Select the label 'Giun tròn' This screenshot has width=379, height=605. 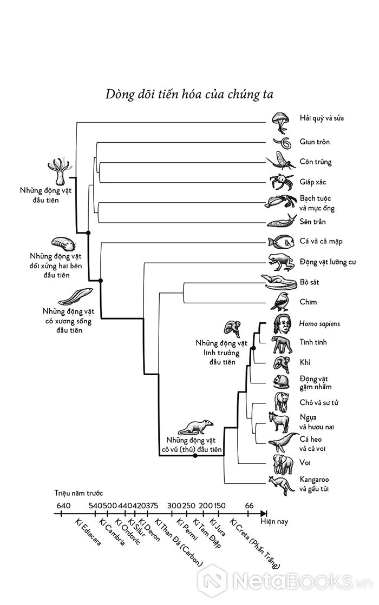coord(315,142)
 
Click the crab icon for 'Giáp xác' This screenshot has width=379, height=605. coord(280,182)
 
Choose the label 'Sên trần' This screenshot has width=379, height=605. coord(312,222)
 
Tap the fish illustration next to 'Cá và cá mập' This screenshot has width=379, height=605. coord(281,242)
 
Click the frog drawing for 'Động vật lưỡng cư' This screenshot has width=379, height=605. coord(281,262)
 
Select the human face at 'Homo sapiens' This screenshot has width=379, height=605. coord(284,323)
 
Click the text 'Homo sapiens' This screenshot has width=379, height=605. coord(319,324)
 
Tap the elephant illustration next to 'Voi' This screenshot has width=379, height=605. coord(283,464)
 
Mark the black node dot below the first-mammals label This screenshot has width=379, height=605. coord(195,456)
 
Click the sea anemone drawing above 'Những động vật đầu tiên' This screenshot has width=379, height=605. coord(61,171)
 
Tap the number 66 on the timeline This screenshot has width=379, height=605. coord(249,506)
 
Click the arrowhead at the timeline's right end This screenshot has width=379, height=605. coord(264,514)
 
